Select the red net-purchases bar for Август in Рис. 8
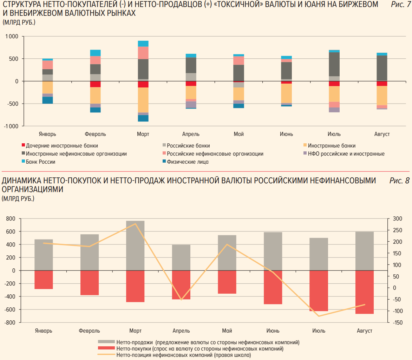[x=365, y=292]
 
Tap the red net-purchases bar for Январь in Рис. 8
[x=44, y=280]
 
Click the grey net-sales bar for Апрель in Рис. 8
[x=181, y=257]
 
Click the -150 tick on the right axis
[x=398, y=322]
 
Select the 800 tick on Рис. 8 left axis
[x=11, y=219]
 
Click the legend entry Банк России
[x=40, y=162]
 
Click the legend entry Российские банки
[x=188, y=145]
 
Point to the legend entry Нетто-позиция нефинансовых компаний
[x=184, y=355]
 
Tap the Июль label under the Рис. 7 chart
[x=334, y=134]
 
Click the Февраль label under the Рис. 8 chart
[x=89, y=331]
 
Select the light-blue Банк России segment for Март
[x=143, y=44]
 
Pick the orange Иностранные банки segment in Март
[x=143, y=100]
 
